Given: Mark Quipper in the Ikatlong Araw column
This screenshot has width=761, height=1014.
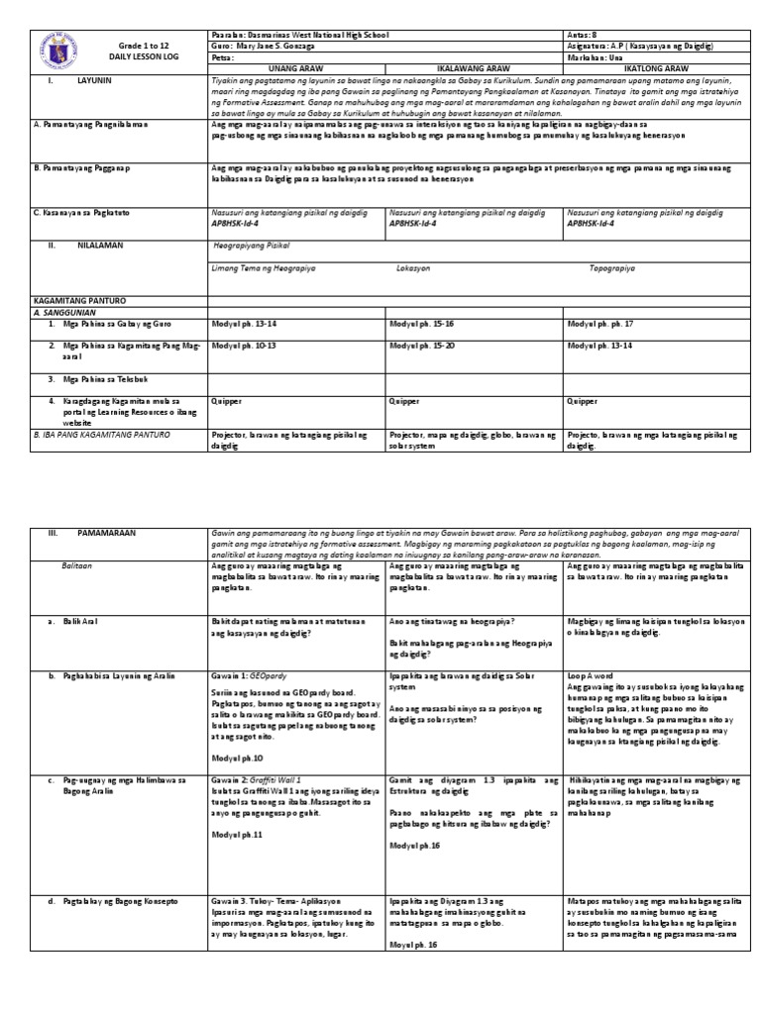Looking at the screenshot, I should click(x=583, y=402).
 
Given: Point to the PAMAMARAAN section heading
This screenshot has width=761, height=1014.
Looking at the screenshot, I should click(x=106, y=533).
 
